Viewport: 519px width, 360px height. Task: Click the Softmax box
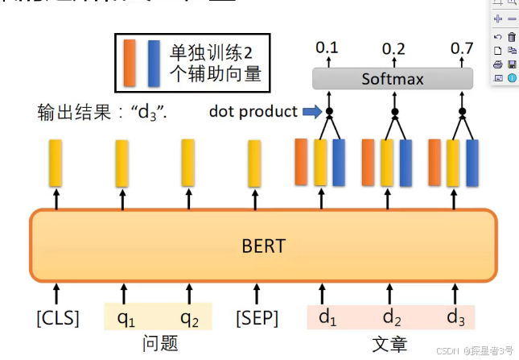coord(392,79)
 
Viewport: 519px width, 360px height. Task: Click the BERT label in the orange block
coord(263,245)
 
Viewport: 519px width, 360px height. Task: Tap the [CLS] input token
coord(58,318)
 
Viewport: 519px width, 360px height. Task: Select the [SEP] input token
coord(256,318)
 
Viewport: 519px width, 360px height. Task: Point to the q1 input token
coord(126,318)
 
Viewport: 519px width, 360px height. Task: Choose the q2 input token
coord(189,318)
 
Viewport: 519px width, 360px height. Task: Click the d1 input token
coord(327,317)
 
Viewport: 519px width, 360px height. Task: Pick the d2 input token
coord(392,317)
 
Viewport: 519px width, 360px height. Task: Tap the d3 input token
coord(457,317)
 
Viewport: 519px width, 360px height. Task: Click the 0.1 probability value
coord(327,48)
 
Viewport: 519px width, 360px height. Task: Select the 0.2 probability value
coord(393,48)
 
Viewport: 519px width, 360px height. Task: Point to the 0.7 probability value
coord(462,48)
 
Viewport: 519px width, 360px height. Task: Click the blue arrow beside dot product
coord(311,112)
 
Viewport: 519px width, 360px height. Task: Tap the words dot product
coord(253,112)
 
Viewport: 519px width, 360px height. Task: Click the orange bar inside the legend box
coord(130,62)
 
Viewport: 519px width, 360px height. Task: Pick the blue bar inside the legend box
coord(154,62)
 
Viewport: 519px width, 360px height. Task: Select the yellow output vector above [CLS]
coord(56,163)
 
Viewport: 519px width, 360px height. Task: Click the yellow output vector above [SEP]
coord(254,163)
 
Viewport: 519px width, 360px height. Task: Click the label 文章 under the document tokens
coord(389,344)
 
